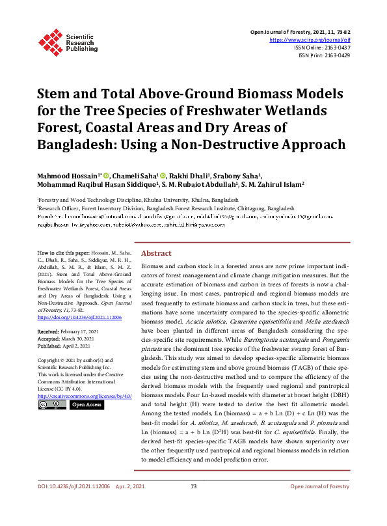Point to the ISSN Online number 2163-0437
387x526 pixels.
336,48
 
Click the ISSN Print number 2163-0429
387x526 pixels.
336,55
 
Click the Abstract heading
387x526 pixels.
157,253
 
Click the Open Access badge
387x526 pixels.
87,405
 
